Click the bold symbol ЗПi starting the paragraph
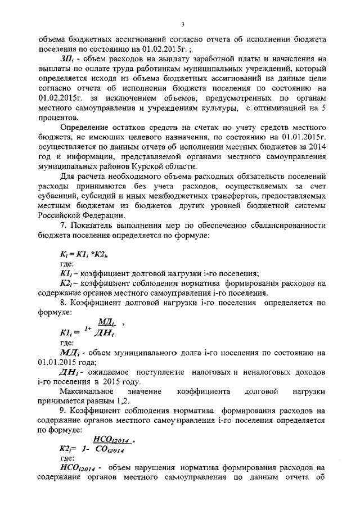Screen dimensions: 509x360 (x=68, y=58)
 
